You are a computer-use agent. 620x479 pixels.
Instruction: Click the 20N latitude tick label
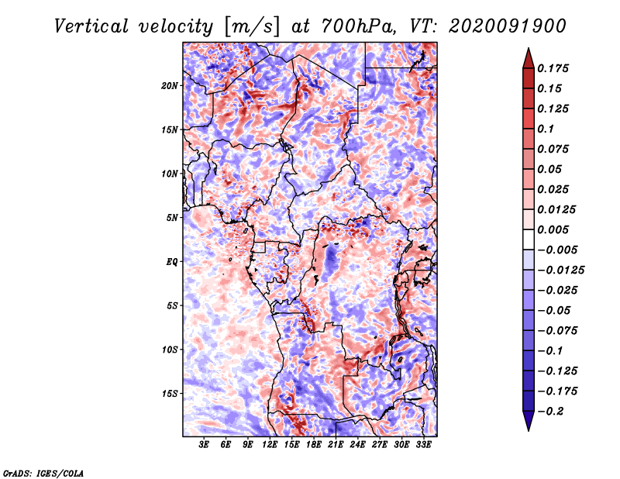(x=170, y=85)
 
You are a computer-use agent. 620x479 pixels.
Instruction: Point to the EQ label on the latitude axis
(x=171, y=261)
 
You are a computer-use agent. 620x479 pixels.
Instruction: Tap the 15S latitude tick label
(x=170, y=394)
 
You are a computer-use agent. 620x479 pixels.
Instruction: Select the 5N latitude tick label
(x=172, y=218)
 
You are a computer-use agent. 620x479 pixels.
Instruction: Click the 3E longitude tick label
(x=204, y=445)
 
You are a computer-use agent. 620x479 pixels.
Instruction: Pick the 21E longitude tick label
(x=336, y=445)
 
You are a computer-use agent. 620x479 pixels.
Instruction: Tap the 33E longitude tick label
(x=423, y=445)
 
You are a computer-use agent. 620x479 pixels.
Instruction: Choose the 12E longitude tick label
(x=270, y=445)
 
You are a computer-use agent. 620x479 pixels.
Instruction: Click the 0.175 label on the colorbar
(x=553, y=68)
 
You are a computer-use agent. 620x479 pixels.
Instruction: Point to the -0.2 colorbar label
(x=550, y=412)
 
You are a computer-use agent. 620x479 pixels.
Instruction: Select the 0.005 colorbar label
(x=553, y=229)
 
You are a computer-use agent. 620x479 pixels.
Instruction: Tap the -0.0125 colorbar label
(x=560, y=271)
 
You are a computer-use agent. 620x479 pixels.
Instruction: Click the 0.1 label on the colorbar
(x=546, y=129)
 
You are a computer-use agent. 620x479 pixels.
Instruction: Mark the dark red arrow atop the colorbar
(x=529, y=59)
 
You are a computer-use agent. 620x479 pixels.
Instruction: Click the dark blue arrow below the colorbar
(x=529, y=421)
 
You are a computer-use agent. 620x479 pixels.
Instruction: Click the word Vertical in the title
(x=91, y=26)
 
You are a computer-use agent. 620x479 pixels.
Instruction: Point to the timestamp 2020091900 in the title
(x=508, y=26)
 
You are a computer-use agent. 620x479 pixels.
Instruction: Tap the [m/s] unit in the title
(x=251, y=27)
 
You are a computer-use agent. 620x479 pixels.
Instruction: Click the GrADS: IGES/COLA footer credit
(x=43, y=473)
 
